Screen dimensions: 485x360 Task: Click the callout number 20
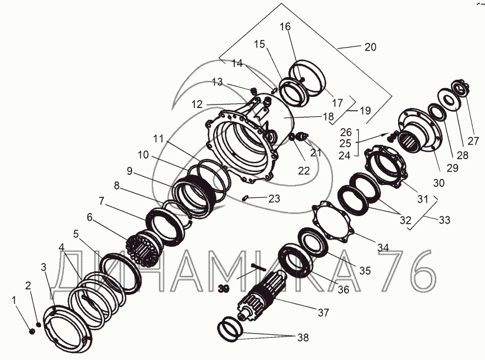(x=371, y=47)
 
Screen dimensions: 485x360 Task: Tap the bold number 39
(x=223, y=289)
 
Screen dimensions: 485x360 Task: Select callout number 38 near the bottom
(x=303, y=338)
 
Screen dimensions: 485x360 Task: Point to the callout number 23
(x=274, y=198)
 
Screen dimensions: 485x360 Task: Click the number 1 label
(x=14, y=300)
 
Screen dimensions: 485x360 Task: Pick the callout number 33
(x=444, y=220)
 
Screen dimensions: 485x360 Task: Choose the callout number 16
(x=285, y=26)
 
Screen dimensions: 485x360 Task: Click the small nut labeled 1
(x=31, y=332)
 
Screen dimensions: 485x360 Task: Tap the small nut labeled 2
(x=39, y=324)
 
